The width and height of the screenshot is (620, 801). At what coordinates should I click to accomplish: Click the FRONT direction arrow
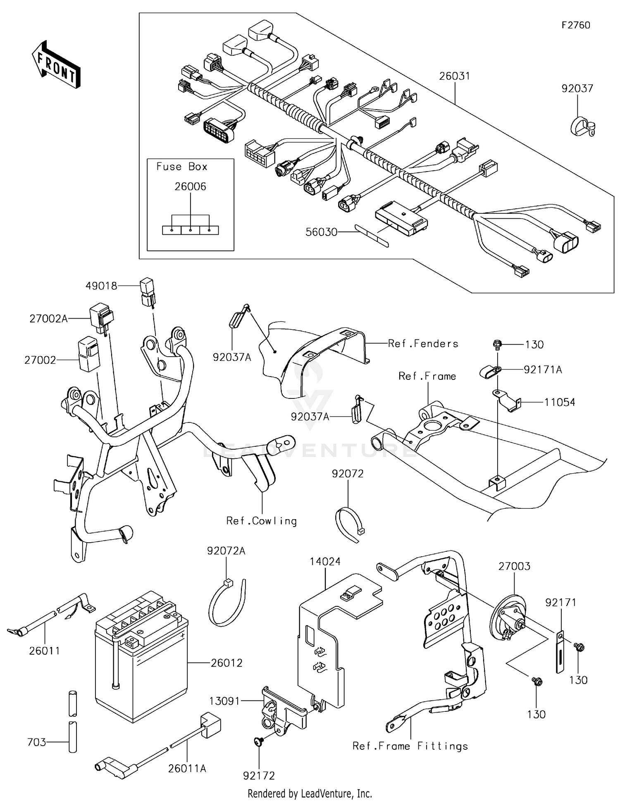56,65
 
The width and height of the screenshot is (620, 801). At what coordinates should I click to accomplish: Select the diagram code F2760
576,25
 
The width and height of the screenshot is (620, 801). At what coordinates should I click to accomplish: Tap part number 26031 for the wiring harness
454,76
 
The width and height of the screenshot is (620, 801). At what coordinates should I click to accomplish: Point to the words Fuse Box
181,167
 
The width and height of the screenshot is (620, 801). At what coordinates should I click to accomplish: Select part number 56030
321,232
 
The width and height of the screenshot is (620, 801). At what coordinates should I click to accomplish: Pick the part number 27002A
48,319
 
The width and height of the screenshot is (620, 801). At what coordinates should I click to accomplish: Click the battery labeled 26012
141,657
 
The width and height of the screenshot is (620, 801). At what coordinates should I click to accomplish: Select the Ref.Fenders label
423,343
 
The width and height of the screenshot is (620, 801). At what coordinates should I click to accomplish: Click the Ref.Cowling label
262,521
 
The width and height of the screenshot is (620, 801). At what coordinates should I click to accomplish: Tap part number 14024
325,561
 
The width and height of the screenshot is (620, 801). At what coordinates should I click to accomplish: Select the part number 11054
560,402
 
